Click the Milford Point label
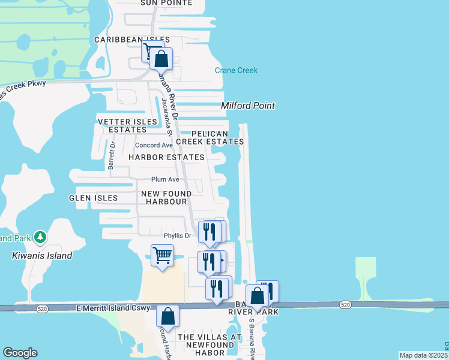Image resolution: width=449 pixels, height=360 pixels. click(248, 106)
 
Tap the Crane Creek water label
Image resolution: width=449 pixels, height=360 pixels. click(236, 71)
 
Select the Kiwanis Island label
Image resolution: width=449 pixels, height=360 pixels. click(42, 256)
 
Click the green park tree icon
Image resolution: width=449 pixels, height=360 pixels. click(40, 237)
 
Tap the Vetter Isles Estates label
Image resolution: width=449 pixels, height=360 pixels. click(122, 125)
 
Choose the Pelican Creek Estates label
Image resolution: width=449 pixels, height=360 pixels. click(217, 137)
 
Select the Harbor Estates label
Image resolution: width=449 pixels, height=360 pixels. click(166, 157)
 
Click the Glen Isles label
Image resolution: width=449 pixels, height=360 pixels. click(93, 197)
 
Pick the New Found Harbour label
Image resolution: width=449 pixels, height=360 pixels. click(166, 197)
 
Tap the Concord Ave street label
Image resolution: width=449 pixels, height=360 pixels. click(154, 145)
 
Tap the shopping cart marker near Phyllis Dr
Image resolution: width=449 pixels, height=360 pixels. click(162, 256)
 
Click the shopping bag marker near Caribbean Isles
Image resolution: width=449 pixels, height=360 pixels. click(161, 59)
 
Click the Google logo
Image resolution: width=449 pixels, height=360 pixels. click(20, 353)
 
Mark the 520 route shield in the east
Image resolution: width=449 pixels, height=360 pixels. click(345, 305)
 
